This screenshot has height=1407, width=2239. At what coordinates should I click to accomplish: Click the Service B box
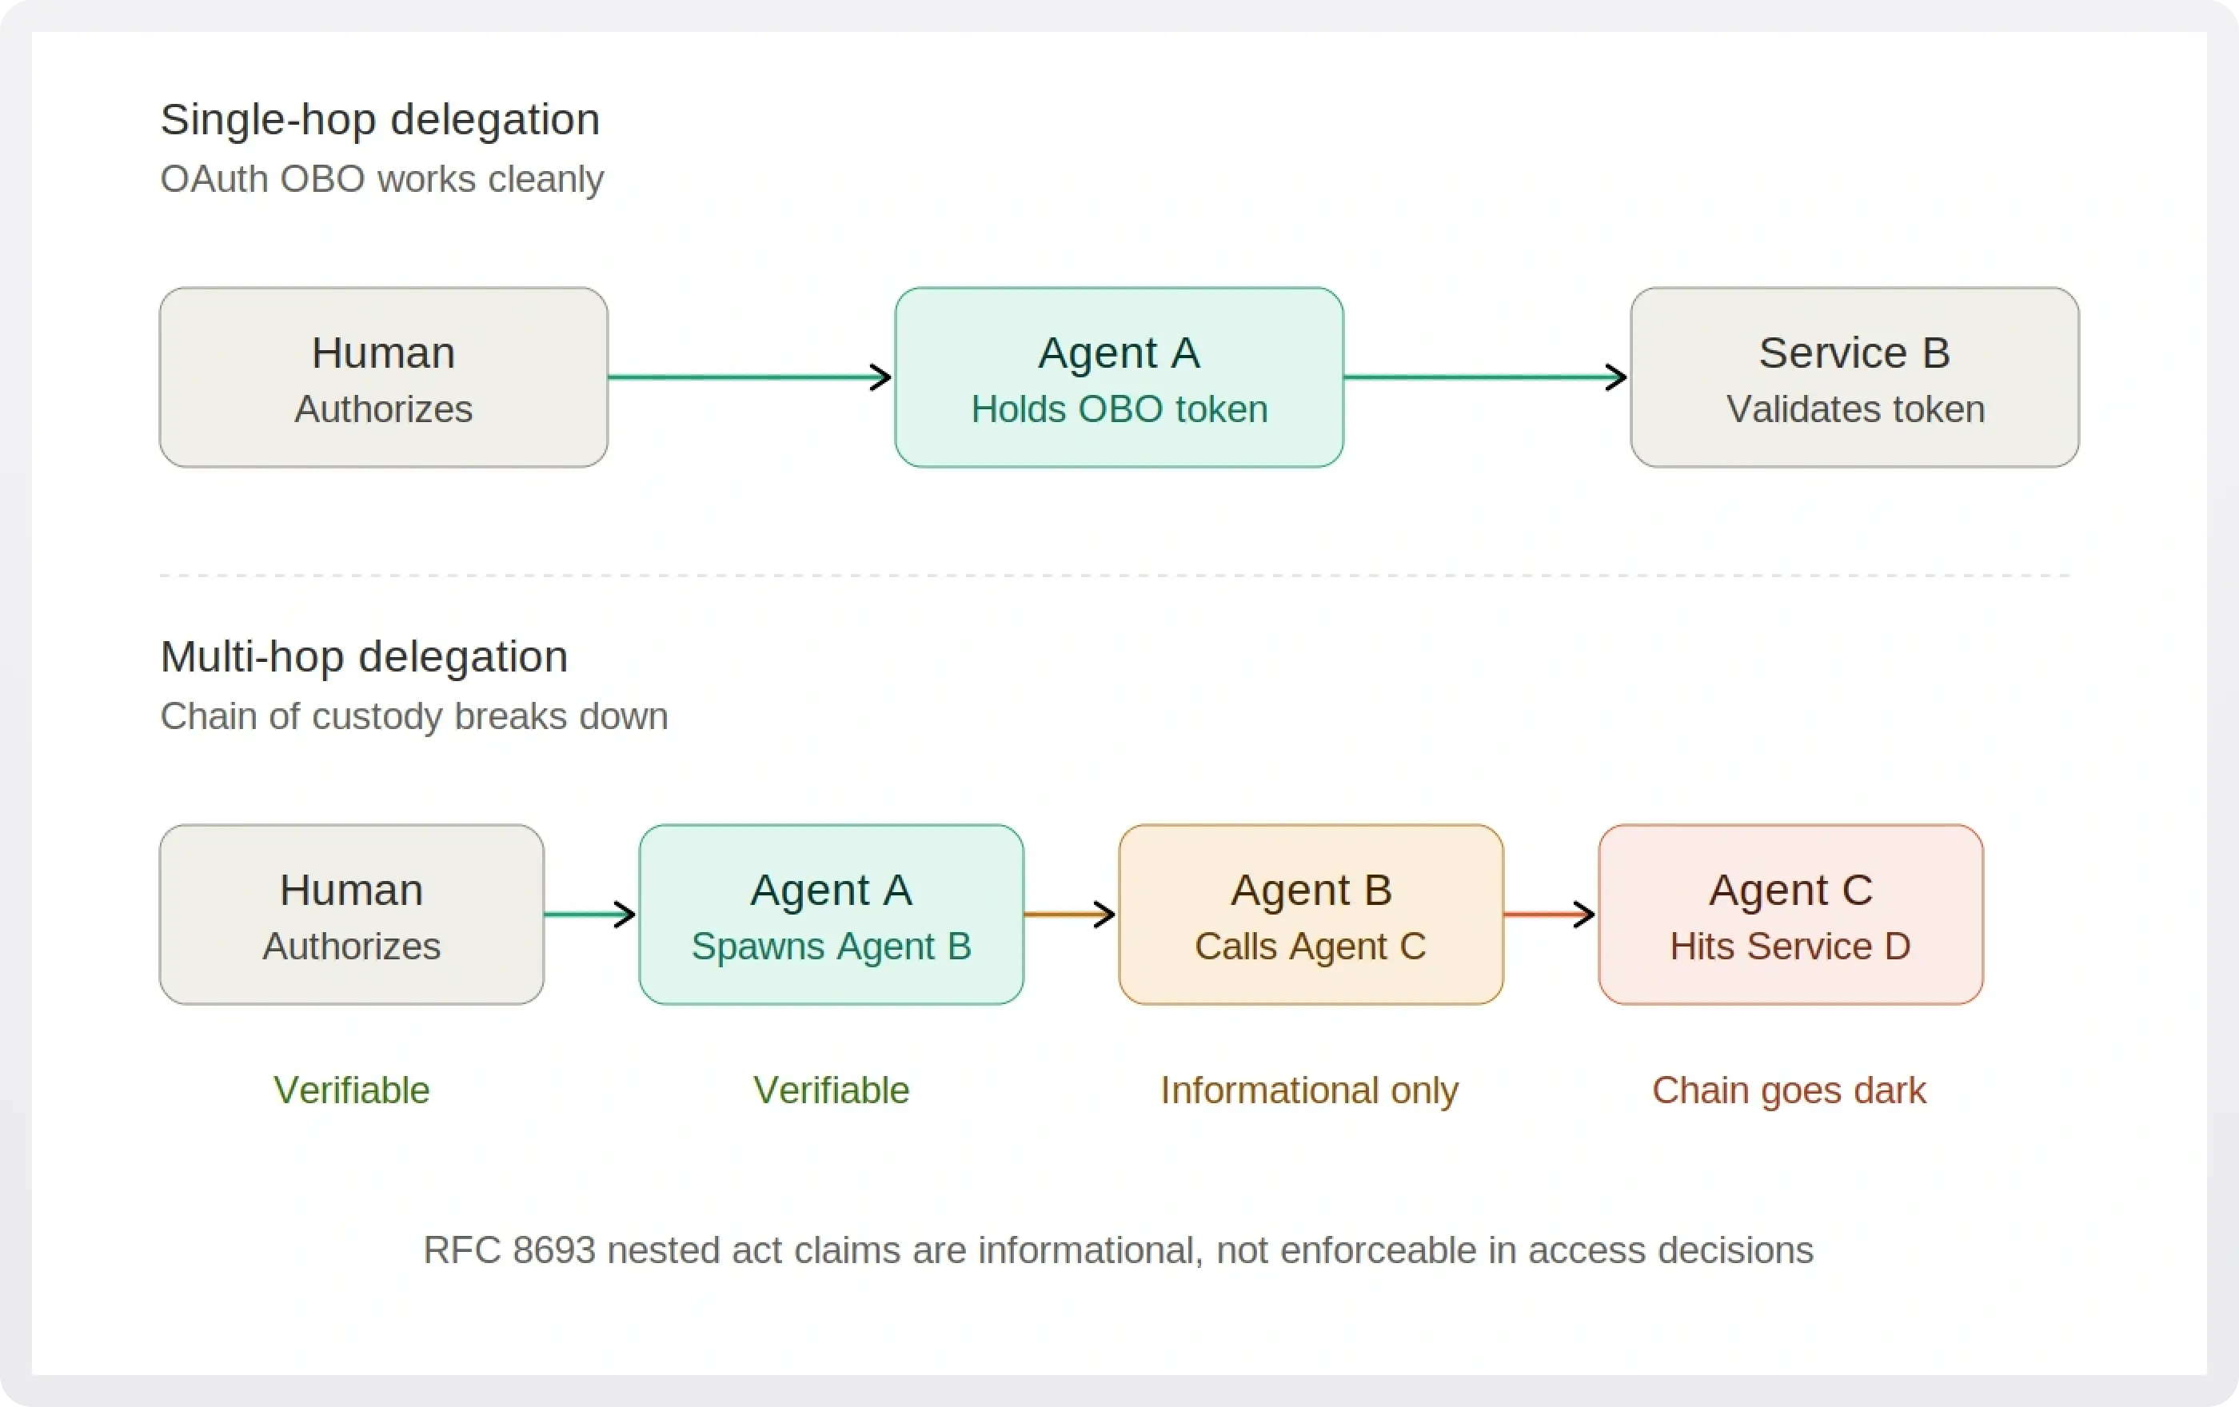click(x=1854, y=377)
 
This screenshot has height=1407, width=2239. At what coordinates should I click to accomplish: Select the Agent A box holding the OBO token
click(x=1119, y=377)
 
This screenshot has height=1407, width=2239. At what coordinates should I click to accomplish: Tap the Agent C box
click(x=1790, y=915)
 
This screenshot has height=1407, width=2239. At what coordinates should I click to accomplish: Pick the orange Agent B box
click(x=1310, y=915)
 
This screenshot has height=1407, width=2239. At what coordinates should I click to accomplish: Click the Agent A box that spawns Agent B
click(x=830, y=915)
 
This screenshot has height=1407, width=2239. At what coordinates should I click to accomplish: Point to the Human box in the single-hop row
click(x=383, y=377)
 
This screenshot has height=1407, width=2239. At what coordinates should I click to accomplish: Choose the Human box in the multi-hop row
click(x=352, y=915)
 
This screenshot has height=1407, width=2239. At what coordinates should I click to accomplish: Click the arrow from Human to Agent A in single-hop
click(x=749, y=377)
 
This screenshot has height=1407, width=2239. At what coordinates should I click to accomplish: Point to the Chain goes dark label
click(x=1788, y=1090)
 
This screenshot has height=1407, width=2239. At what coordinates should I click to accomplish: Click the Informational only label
click(x=1309, y=1090)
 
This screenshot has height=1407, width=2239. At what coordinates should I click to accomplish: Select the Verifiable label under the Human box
click(x=352, y=1090)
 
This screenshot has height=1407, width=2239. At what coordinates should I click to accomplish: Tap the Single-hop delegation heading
click(x=379, y=120)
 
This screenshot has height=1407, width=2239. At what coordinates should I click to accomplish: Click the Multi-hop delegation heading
click(x=364, y=657)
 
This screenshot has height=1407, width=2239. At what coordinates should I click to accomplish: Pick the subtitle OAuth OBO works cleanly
click(x=381, y=179)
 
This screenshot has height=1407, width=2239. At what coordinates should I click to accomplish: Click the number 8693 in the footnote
click(x=553, y=1250)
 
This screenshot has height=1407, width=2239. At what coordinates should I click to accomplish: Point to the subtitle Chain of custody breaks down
click(x=413, y=716)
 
